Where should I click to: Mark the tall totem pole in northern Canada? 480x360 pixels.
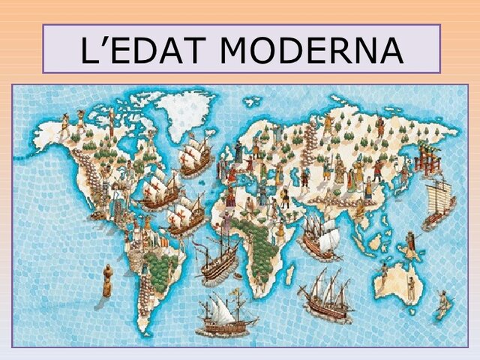pyautogui.click(x=111, y=120)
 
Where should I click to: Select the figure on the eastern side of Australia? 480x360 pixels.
pyautogui.click(x=410, y=285)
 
